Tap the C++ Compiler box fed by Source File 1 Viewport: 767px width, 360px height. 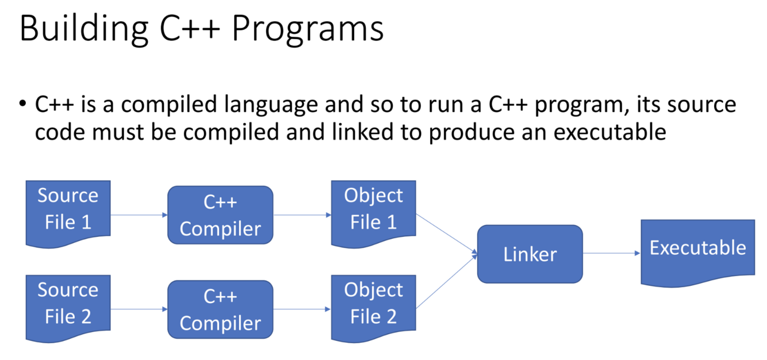point(220,215)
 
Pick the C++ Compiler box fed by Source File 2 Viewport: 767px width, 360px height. point(220,309)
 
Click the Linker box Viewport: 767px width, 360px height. point(530,254)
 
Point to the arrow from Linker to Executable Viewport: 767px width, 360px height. point(611,253)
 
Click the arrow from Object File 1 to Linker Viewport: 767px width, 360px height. point(446,233)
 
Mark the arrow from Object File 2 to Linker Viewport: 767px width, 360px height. point(446,282)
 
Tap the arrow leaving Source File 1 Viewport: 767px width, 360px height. point(139,215)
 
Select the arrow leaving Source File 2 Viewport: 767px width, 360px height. point(139,309)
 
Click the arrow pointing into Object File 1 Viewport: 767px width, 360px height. point(302,215)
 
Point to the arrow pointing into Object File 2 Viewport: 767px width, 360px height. point(302,309)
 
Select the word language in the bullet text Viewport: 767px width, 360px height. point(270,105)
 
